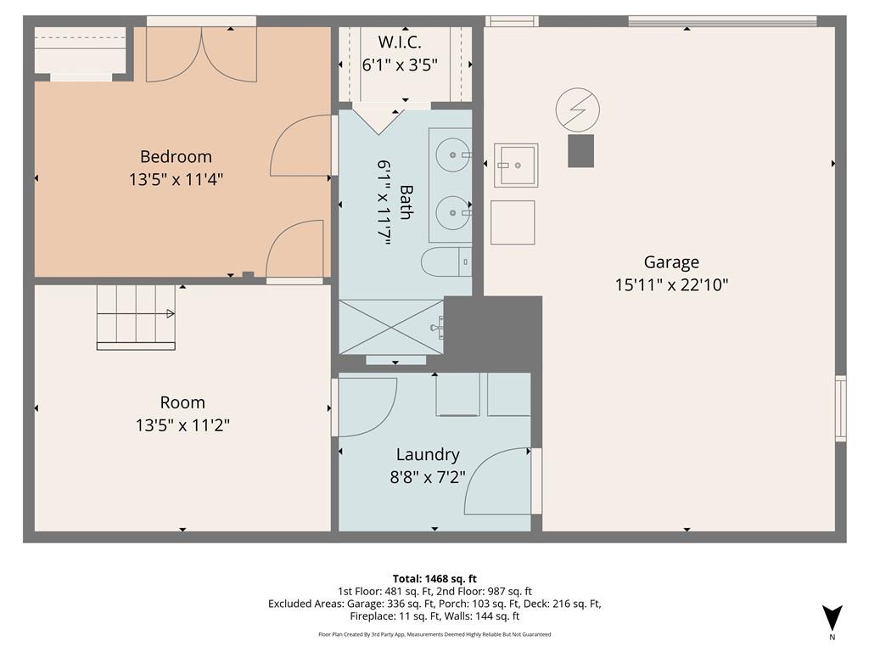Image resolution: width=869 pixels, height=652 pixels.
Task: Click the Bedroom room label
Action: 176,156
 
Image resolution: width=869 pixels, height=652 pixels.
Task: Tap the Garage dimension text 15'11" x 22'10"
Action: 671,285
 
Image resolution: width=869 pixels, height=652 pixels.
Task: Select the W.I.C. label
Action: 400,42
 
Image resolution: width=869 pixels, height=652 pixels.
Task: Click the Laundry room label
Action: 428,455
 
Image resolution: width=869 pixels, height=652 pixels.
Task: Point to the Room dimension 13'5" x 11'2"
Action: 182,425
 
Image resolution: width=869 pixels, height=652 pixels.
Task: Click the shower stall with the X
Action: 391,327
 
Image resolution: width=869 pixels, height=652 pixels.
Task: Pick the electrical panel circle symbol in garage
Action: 577,110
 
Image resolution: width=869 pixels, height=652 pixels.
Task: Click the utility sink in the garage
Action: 516,166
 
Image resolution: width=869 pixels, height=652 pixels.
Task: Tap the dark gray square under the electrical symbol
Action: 580,151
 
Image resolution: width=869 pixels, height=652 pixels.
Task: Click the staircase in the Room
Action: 137,318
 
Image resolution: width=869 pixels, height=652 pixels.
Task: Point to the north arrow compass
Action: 832,618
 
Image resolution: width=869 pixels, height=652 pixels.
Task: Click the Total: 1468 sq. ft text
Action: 434,579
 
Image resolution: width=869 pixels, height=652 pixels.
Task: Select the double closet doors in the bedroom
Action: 201,54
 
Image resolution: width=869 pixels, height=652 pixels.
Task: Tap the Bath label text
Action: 405,202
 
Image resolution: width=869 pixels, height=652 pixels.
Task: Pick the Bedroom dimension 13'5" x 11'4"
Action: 176,180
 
